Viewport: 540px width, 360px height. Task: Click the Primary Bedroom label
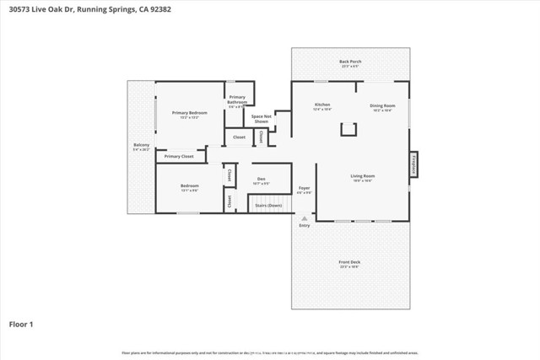point(189,112)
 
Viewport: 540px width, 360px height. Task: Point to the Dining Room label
point(382,105)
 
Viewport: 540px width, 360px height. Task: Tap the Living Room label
point(362,175)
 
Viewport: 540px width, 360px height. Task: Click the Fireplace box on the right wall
point(413,164)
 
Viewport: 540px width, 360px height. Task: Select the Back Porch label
point(350,62)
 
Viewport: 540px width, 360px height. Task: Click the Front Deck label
point(350,262)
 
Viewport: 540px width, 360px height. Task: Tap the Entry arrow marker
point(304,218)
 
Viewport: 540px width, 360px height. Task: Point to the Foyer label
point(304,188)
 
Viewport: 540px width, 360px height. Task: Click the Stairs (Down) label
point(269,205)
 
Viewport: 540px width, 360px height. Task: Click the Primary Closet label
point(179,156)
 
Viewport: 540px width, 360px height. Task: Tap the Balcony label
point(141,145)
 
